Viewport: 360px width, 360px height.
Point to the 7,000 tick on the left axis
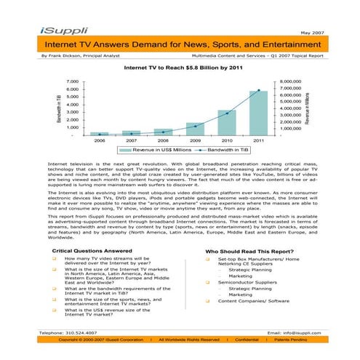pyautogui.click(x=71, y=82)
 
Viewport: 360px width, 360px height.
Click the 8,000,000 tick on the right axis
pyautogui.click(x=295, y=82)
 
